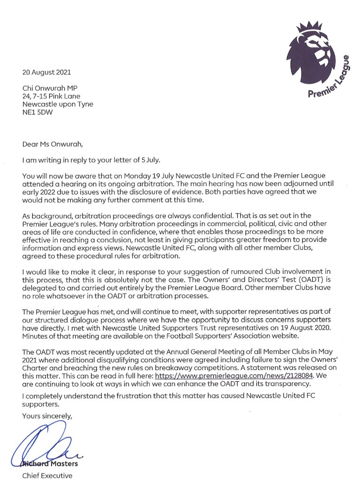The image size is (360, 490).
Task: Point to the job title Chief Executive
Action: pyautogui.click(x=47, y=475)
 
